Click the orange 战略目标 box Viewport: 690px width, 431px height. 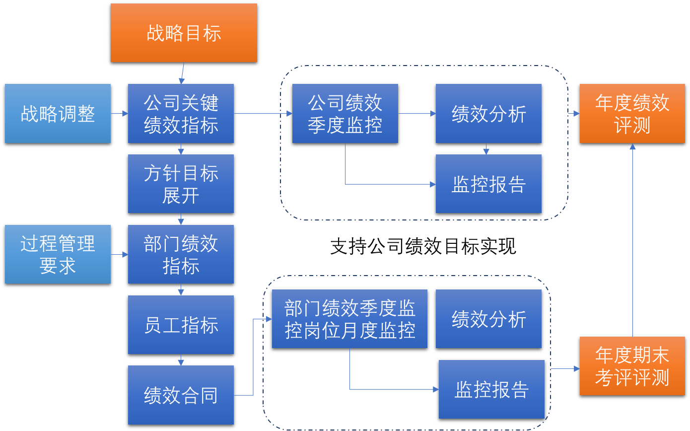click(x=184, y=33)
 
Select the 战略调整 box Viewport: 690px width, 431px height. click(x=58, y=113)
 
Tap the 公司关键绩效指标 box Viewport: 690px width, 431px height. click(x=181, y=113)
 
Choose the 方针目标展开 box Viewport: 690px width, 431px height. click(x=181, y=184)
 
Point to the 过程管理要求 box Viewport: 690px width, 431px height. click(x=58, y=254)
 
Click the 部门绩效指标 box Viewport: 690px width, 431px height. click(x=181, y=254)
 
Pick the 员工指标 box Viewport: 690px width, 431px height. click(x=181, y=325)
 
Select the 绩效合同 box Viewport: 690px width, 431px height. click(x=181, y=395)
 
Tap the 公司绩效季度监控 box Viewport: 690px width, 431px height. click(x=345, y=113)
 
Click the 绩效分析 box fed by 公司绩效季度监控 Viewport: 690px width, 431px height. click(x=488, y=113)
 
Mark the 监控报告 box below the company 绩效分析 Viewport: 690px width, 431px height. click(x=488, y=184)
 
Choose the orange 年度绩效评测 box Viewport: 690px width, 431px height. click(x=632, y=113)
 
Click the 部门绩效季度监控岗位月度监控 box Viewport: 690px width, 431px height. click(x=349, y=319)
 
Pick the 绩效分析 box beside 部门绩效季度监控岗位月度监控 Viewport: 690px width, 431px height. click(x=488, y=319)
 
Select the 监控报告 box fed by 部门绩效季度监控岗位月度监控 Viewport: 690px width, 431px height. click(x=491, y=389)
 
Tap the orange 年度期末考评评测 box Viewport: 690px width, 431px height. click(x=632, y=366)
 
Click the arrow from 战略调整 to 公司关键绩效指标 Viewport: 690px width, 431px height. click(x=119, y=114)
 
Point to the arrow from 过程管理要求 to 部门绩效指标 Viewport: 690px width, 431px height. click(x=119, y=255)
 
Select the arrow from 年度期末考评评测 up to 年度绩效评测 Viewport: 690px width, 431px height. click(x=632, y=238)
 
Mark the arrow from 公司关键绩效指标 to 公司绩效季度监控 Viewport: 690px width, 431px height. click(x=263, y=114)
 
